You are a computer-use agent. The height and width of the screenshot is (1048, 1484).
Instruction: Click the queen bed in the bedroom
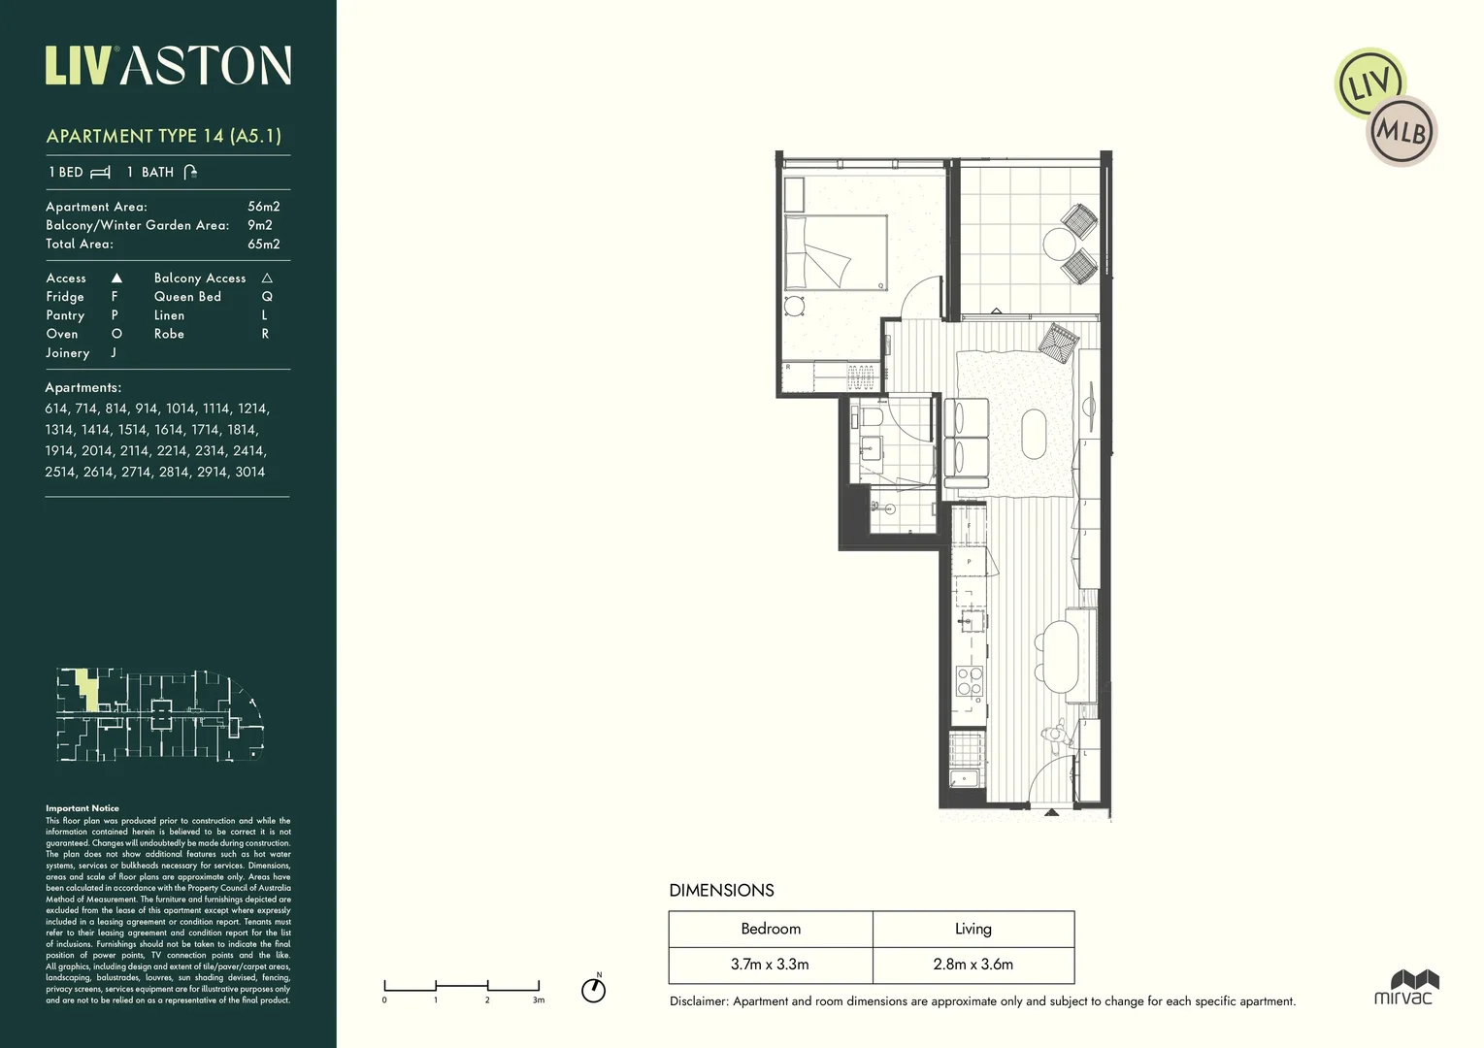point(836,252)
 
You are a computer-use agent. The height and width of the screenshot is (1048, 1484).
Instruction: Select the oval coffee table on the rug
point(1034,434)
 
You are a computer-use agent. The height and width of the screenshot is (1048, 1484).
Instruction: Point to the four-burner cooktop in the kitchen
point(969,681)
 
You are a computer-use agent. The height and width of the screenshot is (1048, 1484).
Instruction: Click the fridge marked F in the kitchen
point(969,527)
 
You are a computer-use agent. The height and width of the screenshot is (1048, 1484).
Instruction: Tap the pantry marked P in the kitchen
point(969,562)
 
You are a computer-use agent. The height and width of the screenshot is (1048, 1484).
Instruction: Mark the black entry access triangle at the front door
point(1051,812)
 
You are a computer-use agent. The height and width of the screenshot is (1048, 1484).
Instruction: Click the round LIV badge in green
point(1369,84)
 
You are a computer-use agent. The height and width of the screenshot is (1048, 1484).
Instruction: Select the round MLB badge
point(1402,131)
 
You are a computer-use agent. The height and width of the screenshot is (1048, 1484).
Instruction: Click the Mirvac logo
point(1402,986)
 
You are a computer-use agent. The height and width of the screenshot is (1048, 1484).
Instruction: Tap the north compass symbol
point(593,989)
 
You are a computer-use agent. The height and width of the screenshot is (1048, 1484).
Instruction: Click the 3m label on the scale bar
point(539,999)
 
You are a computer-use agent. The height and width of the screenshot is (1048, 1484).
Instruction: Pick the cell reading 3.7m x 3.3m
point(770,965)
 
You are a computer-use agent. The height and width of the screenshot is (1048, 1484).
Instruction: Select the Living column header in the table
point(973,929)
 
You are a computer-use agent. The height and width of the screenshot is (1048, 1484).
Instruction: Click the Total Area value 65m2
point(263,244)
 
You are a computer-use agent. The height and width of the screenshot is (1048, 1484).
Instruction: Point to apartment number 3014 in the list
point(249,472)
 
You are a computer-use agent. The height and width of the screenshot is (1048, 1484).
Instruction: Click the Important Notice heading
point(82,808)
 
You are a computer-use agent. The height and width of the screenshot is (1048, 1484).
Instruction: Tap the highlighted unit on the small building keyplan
point(88,690)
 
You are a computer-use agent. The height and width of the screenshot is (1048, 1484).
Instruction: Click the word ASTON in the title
point(209,67)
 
